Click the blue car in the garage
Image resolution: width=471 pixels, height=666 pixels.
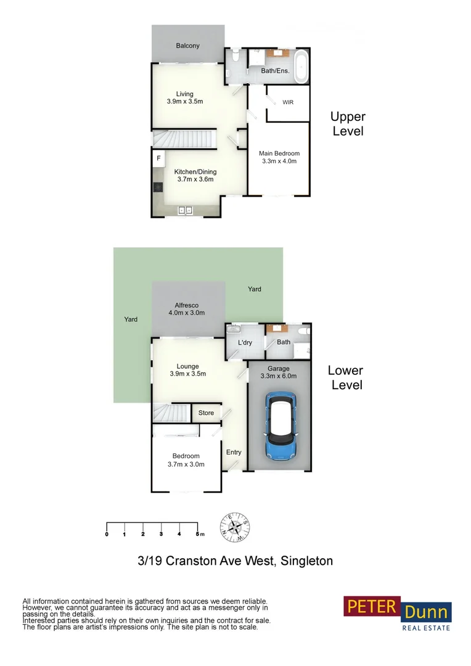click(x=281, y=427)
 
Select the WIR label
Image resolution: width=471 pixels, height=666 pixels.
click(x=288, y=102)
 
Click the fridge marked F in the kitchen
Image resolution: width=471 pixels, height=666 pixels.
click(x=158, y=159)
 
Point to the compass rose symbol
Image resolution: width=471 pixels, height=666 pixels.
click(x=234, y=527)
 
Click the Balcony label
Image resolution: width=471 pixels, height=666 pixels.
click(x=187, y=46)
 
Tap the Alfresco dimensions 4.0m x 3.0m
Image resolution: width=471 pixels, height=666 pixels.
click(x=186, y=313)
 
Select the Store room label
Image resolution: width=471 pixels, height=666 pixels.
click(x=206, y=413)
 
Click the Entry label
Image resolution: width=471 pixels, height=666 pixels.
click(x=234, y=452)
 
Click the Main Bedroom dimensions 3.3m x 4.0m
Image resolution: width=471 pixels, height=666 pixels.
click(x=279, y=162)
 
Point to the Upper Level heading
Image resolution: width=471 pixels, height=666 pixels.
click(x=348, y=123)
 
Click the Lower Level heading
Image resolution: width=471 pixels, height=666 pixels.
click(x=345, y=377)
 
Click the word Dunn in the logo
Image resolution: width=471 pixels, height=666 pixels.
click(x=427, y=613)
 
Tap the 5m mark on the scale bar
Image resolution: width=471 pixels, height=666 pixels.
click(x=199, y=533)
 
